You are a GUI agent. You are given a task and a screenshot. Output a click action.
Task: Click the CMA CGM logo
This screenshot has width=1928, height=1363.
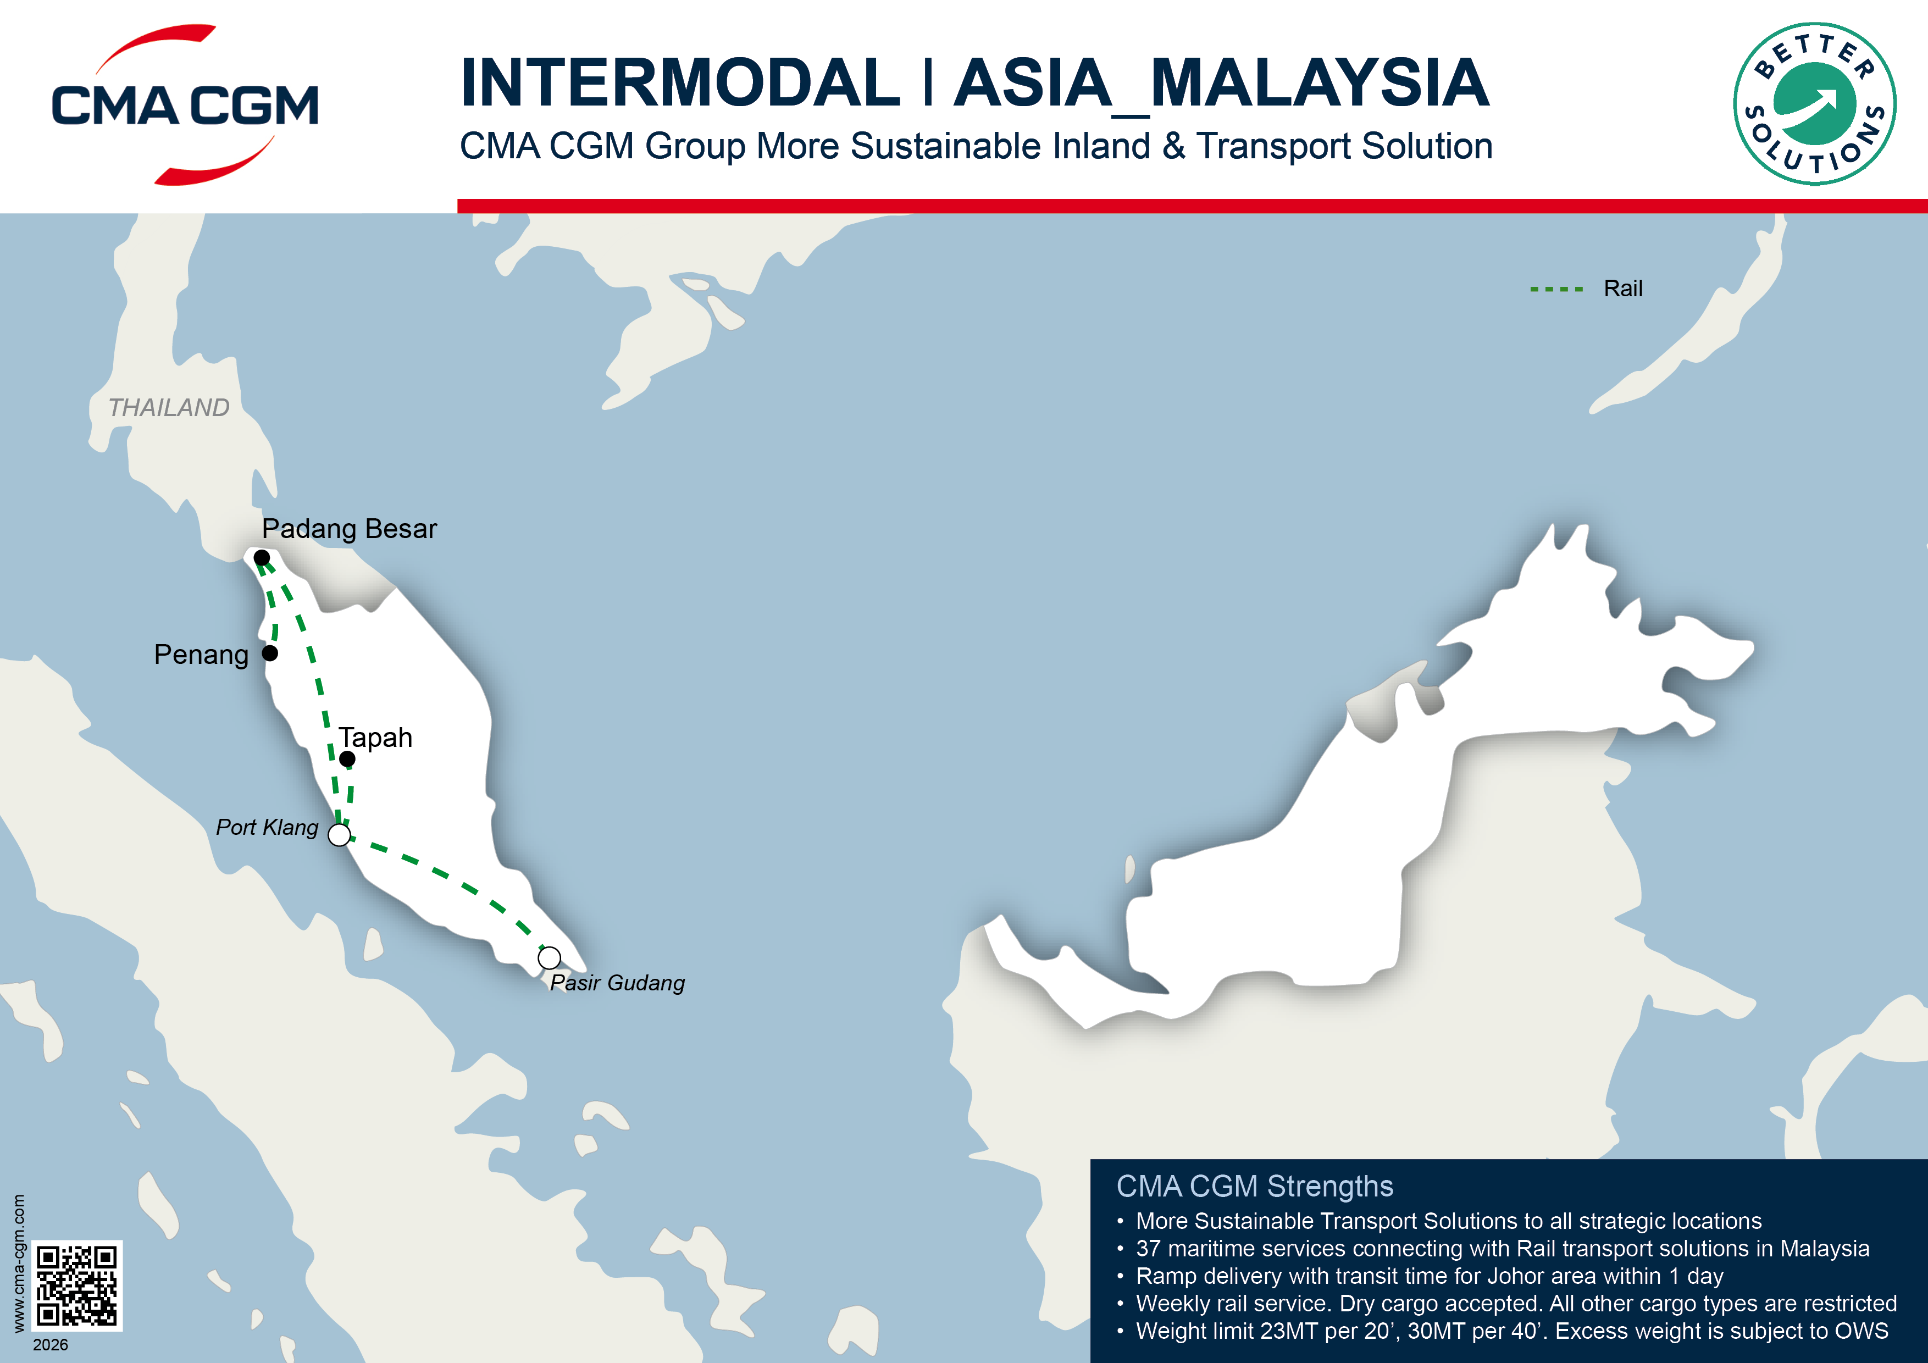(x=185, y=105)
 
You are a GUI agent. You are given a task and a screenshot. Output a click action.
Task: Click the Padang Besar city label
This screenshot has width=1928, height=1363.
(x=350, y=529)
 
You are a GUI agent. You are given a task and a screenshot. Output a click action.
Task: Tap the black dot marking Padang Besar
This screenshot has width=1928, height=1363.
(x=262, y=558)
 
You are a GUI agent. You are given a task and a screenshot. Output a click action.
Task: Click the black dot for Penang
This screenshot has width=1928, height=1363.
(x=269, y=652)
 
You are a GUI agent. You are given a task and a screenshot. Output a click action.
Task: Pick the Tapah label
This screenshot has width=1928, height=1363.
(x=375, y=738)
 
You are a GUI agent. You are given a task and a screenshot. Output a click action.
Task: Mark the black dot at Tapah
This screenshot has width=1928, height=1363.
(x=347, y=759)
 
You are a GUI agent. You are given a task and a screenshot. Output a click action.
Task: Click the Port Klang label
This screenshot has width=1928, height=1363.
(x=267, y=827)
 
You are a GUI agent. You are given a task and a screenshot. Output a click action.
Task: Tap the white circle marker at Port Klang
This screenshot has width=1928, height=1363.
(x=339, y=835)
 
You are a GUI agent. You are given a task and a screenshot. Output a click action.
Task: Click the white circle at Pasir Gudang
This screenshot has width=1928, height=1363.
(x=549, y=957)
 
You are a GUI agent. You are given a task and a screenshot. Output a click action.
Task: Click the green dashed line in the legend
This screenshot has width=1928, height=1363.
(x=1556, y=289)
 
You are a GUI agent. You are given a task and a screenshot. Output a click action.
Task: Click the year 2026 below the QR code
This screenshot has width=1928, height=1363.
(x=51, y=1344)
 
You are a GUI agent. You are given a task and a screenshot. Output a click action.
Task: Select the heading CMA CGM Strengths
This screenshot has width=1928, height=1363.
(x=1255, y=1186)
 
